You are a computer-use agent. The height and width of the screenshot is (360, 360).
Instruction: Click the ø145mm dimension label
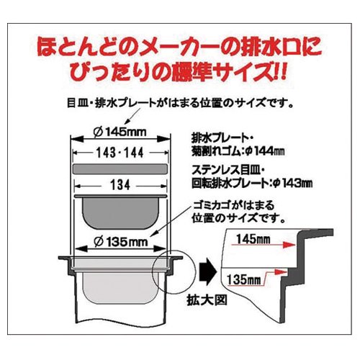click(x=120, y=132)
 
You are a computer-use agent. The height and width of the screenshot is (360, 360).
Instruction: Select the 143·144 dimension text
click(x=120, y=153)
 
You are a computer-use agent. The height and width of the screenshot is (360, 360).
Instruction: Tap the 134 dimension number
click(x=120, y=185)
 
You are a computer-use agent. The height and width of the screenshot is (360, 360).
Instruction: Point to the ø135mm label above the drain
click(x=120, y=242)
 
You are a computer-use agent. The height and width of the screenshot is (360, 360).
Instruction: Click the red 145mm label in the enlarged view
click(x=253, y=239)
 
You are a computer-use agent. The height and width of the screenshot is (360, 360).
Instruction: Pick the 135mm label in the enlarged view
click(x=243, y=279)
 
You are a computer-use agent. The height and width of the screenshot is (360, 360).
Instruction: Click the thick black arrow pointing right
click(x=208, y=272)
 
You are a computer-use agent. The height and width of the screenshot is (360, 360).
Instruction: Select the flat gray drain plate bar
click(x=120, y=169)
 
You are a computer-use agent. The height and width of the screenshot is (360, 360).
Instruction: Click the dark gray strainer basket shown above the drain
click(x=120, y=212)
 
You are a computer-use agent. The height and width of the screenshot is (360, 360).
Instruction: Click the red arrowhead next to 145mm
click(x=289, y=245)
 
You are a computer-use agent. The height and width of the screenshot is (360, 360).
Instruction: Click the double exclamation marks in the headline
click(x=280, y=71)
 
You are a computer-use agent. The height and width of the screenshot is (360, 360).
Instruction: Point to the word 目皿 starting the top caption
click(x=77, y=104)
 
